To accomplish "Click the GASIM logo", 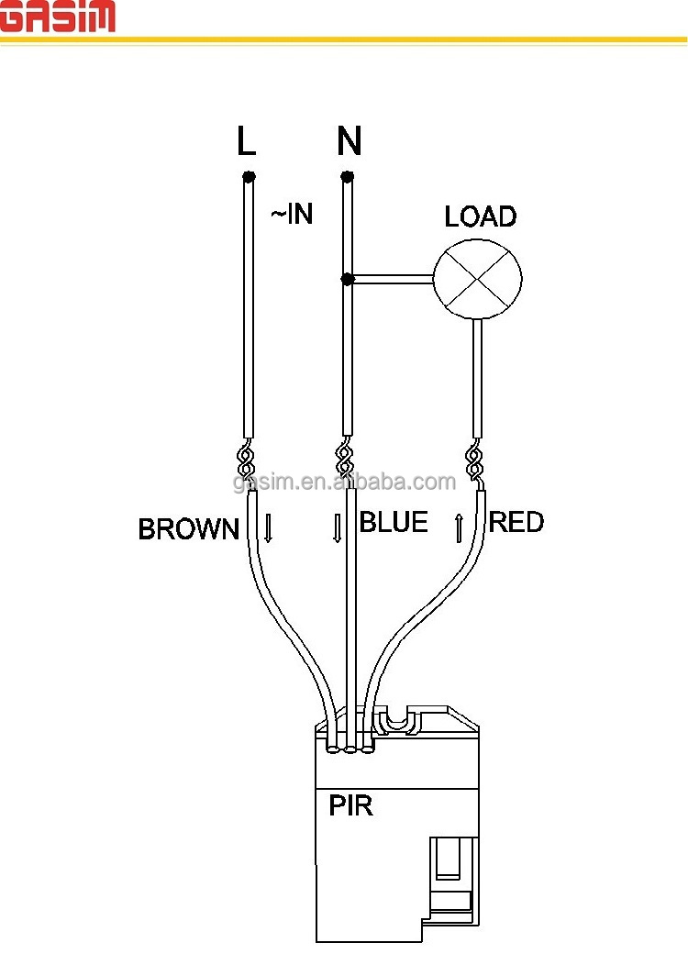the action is pos(57,16).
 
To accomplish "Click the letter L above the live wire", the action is pos(246,140).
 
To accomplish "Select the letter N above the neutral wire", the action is pos(349,140).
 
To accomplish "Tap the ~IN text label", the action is pos(292,214).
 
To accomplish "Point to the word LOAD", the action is pos(481,216).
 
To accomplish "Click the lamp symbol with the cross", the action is pos(478,279).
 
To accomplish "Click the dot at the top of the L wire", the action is pos(249,177).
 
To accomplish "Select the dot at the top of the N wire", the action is pos(347,177).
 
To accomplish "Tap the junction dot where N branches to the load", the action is pos(347,280).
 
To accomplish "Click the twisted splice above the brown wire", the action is pos(246,460).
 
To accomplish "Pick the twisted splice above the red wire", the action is pos(474,460).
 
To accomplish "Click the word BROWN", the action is pos(188,529).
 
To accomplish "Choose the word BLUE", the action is pos(394,522).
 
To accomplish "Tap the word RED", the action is pos(516,522).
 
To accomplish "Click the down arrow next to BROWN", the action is pos(268,528).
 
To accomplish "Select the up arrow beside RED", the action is pos(459,528).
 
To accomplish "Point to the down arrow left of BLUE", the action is pos(338,528).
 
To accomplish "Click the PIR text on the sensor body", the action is pos(350,805).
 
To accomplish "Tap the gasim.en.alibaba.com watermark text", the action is pos(345,482).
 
